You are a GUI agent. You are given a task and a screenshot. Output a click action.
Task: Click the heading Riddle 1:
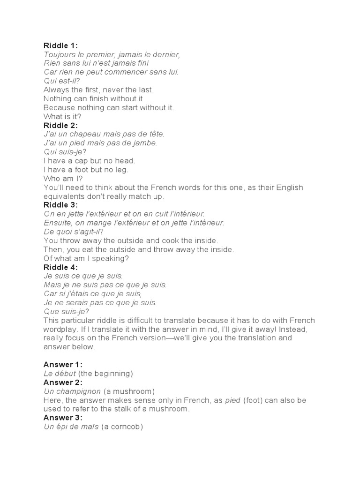pos(60,45)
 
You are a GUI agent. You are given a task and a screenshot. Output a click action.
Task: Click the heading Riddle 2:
pos(60,125)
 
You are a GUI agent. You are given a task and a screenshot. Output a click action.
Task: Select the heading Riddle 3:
pos(60,205)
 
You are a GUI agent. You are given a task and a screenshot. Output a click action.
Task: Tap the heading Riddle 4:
pos(60,267)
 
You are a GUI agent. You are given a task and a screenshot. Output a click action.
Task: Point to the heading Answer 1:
pos(63,364)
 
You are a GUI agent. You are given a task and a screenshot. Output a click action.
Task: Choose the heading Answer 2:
pos(63,382)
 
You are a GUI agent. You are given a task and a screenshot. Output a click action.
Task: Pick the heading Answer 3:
pos(63,418)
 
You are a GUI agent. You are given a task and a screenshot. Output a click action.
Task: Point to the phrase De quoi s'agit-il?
pos(74,232)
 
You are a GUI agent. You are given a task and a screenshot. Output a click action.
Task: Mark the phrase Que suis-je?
pos(66,311)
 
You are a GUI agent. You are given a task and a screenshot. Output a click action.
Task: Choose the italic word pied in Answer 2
pos(233,400)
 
